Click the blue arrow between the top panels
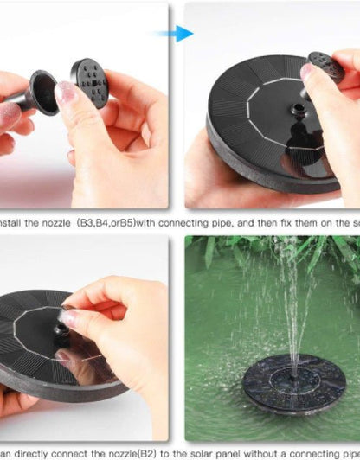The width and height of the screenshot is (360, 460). point(180,34)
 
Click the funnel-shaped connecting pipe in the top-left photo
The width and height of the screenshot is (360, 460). point(42,91)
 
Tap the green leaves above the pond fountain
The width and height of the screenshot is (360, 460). point(260,251)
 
